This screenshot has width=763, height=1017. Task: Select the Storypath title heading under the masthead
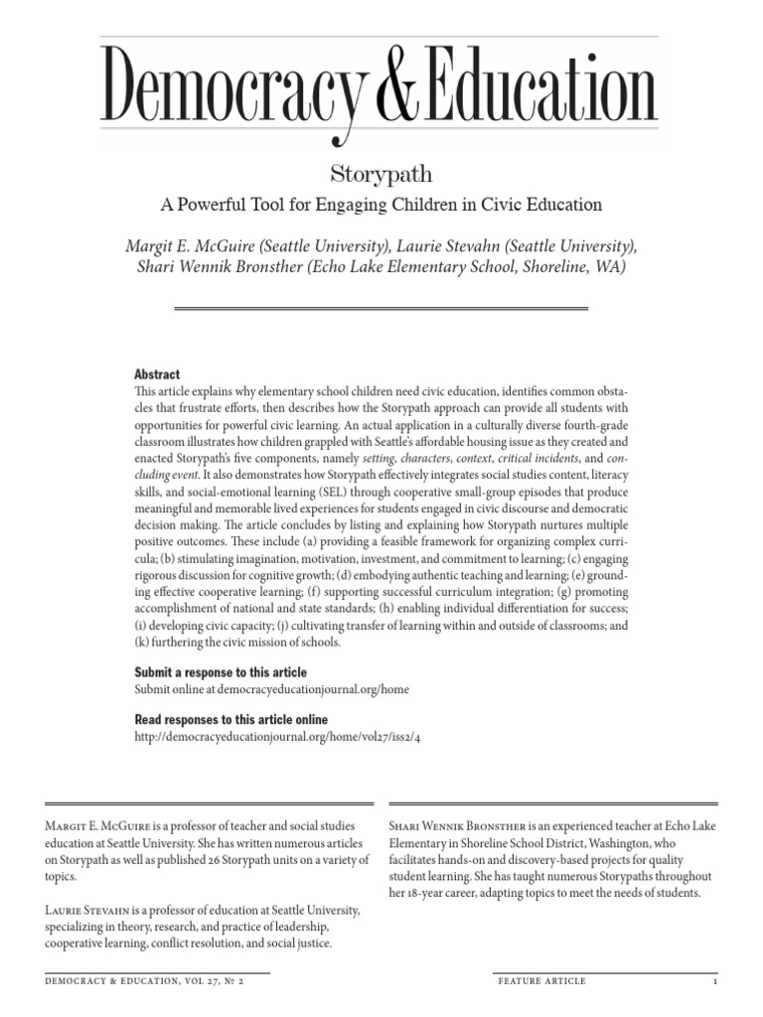click(381, 174)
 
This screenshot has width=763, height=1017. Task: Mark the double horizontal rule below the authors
click(381, 309)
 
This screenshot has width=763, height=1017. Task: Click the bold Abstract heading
click(157, 374)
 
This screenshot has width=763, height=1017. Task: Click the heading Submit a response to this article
click(221, 672)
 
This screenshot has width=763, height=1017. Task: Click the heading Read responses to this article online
click(230, 719)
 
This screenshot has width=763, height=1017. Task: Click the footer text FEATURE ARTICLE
click(541, 981)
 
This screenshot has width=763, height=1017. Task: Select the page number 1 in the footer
click(714, 981)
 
